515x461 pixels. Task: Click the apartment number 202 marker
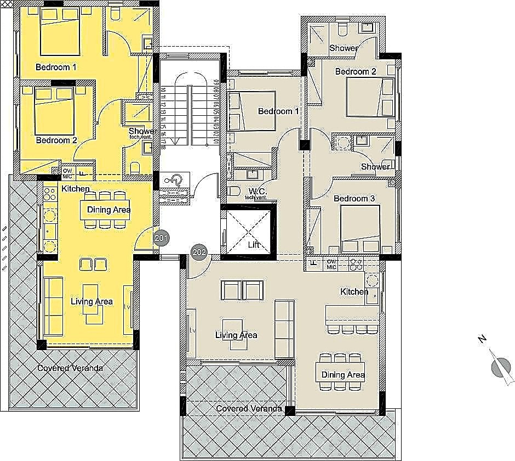tap(199, 252)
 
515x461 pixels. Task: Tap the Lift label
tap(253, 245)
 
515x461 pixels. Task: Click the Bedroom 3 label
tap(354, 198)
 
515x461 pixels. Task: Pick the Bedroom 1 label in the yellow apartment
tap(56, 68)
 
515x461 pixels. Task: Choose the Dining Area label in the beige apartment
tap(343, 375)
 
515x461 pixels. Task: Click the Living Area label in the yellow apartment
tap(91, 301)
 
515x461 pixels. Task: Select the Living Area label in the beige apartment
tap(236, 335)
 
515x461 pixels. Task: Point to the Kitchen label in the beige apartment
tap(354, 291)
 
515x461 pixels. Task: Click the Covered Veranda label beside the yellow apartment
tap(70, 368)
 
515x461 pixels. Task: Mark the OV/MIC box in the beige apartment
tap(331, 264)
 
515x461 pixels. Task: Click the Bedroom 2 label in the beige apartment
tap(355, 71)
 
